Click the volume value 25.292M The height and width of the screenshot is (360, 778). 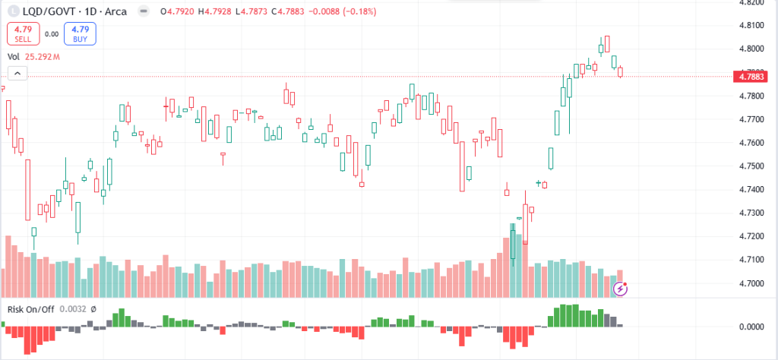[x=43, y=56]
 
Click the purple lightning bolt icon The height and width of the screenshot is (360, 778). [x=621, y=288]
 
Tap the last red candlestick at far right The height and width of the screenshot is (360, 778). [x=621, y=72]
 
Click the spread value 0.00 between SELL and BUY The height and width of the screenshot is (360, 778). [x=52, y=33]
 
